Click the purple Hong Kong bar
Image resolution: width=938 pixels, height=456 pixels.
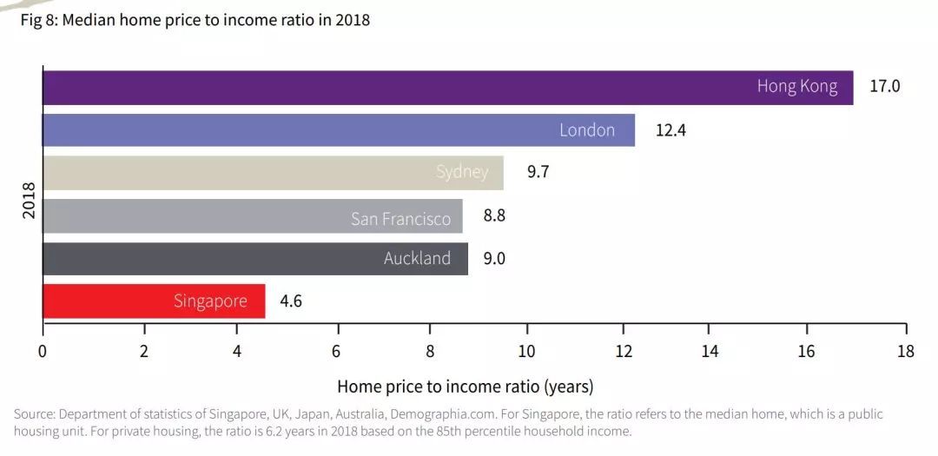448,88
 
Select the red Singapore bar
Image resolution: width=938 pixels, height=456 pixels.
154,301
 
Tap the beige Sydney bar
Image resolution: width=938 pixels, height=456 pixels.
274,173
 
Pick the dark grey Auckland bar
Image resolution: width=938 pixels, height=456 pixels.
255,259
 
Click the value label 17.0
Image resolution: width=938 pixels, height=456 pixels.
884,86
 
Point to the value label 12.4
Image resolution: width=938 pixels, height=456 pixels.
670,130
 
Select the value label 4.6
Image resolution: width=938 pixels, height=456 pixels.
291,301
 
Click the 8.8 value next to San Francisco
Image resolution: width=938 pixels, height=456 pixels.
494,215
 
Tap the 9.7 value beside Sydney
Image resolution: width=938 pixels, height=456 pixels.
538,172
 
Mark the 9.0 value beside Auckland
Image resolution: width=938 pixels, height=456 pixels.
494,259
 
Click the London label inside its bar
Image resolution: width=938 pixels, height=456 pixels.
587,130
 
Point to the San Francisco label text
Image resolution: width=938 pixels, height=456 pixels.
400,219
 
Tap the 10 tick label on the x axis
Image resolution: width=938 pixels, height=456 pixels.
526,351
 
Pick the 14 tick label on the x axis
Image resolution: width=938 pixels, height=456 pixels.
710,351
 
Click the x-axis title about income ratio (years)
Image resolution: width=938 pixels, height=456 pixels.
466,387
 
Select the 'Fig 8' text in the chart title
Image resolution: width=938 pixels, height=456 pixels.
38,20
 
